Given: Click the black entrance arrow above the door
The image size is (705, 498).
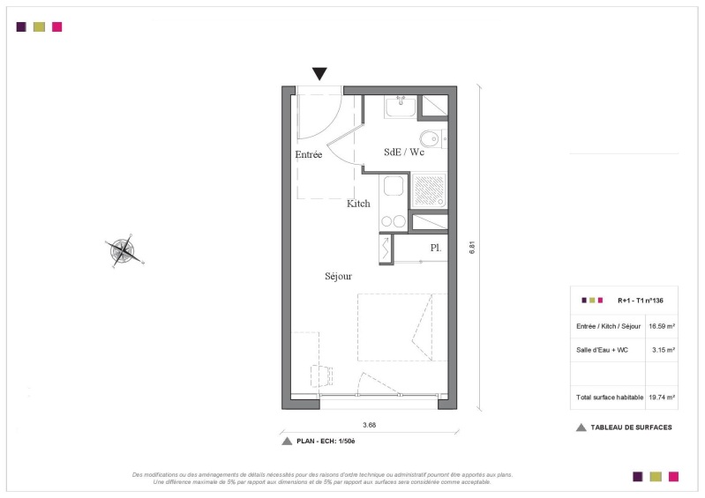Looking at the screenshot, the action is [319, 73].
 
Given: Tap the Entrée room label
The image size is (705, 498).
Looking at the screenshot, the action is [309, 154].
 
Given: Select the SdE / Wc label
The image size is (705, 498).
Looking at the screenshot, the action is [404, 152].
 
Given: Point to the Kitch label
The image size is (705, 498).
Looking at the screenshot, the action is [358, 204].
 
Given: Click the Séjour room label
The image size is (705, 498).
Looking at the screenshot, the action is [338, 276].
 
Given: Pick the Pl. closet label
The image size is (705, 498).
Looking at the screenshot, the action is [436, 248].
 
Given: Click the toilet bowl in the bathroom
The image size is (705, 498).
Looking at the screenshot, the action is [431, 138].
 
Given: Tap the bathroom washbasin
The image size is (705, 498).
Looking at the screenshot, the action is [401, 107].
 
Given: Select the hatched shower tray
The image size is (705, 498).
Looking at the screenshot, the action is [429, 190].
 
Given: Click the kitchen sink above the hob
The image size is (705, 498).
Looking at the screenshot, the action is [394, 186].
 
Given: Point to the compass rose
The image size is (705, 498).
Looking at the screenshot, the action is [124, 250].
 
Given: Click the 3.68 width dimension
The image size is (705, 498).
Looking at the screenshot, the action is [369, 425].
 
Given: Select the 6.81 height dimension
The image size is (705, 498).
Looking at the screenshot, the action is [472, 248].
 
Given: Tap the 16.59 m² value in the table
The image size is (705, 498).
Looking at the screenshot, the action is [662, 326].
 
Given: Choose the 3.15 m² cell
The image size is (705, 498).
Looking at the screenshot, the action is [664, 350].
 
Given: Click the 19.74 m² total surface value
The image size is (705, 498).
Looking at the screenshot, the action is [662, 398].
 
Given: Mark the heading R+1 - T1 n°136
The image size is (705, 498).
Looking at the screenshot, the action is [641, 301].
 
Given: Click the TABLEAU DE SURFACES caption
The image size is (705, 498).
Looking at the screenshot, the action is [631, 427].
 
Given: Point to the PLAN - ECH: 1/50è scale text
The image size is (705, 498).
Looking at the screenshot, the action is [326, 442].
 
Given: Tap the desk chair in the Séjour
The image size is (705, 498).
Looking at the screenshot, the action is [321, 375].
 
